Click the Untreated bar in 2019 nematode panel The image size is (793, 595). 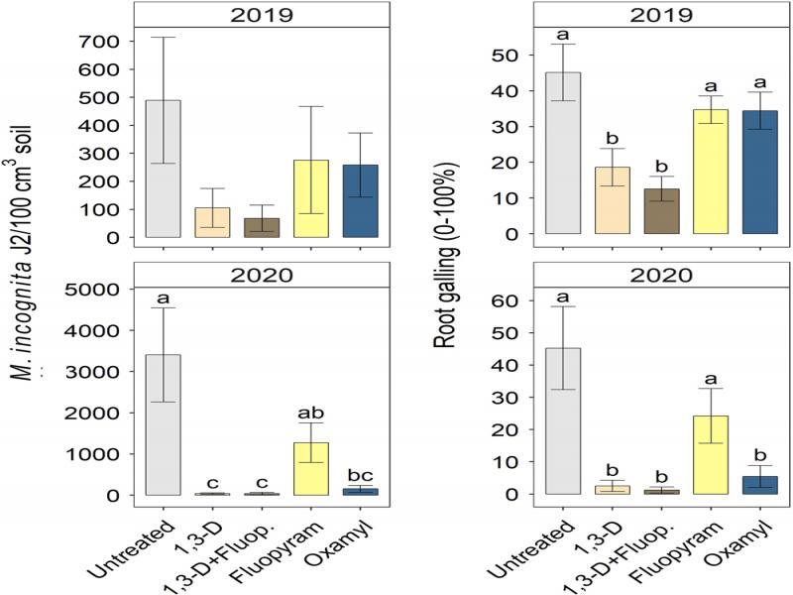164,169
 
